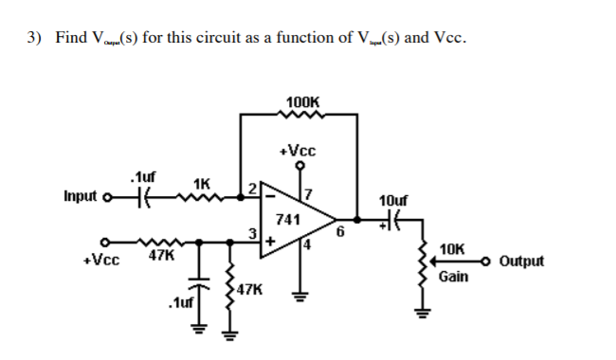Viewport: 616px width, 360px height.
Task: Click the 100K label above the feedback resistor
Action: (301, 101)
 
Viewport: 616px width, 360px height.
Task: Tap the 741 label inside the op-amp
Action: (288, 220)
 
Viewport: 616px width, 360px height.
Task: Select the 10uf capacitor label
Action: (392, 202)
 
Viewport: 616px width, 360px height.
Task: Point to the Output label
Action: (521, 261)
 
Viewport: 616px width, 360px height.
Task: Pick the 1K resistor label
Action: (201, 183)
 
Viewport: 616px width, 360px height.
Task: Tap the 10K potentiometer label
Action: (453, 248)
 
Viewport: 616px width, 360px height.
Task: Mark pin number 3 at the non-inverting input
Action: (253, 235)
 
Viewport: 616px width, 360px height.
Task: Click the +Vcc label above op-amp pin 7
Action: (299, 151)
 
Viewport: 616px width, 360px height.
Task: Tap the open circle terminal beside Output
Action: (487, 261)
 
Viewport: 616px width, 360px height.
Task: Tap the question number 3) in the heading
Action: (35, 38)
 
